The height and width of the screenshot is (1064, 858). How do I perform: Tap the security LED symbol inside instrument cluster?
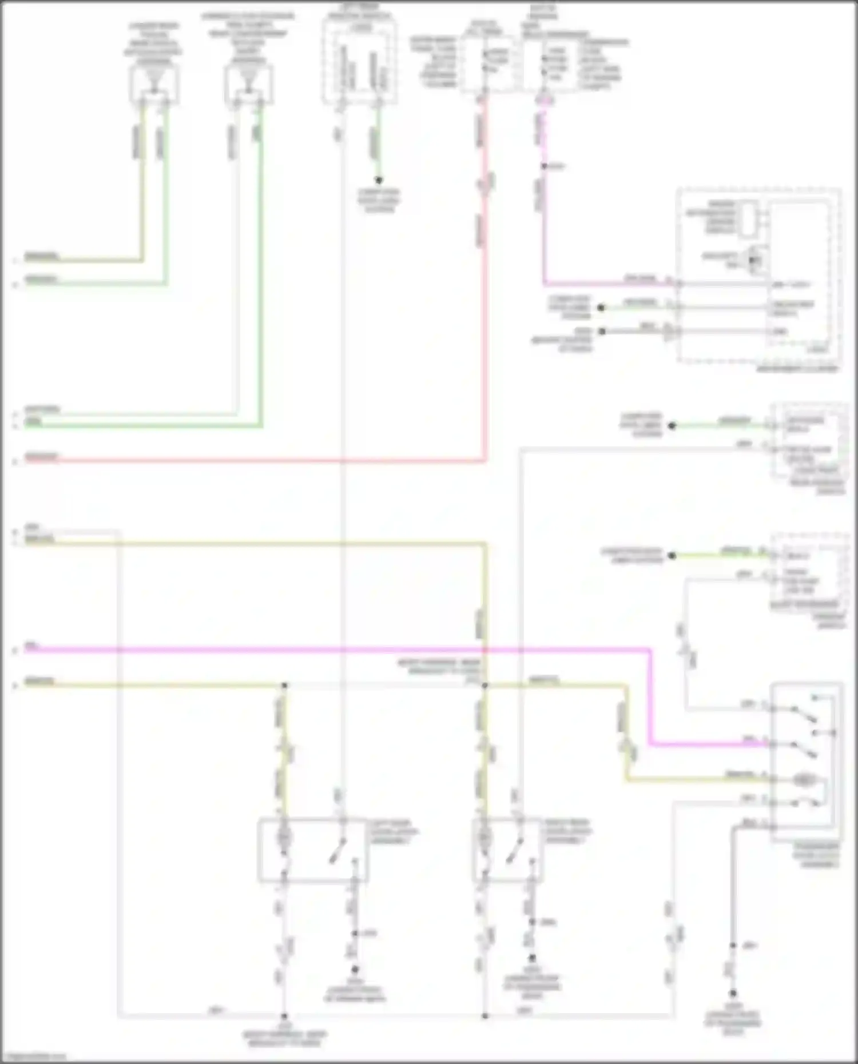point(754,259)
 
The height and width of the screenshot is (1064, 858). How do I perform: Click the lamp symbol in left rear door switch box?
point(284,838)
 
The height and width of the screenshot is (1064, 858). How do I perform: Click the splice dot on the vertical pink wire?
point(544,166)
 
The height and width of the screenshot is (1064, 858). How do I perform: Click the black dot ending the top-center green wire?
point(378,180)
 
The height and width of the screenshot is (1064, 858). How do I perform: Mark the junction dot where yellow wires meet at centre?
point(485,684)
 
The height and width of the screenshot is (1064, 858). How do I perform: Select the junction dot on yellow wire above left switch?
point(284,684)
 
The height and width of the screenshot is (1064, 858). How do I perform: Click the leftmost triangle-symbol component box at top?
point(153,85)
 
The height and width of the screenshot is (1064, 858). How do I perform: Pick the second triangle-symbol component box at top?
point(248,85)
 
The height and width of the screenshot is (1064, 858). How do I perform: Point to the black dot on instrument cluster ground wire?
point(601,331)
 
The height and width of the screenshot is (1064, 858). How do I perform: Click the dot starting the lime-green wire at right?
point(673,555)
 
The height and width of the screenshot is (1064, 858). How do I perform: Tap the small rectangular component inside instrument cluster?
point(747,220)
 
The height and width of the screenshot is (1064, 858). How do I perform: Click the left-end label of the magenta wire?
point(31,646)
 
